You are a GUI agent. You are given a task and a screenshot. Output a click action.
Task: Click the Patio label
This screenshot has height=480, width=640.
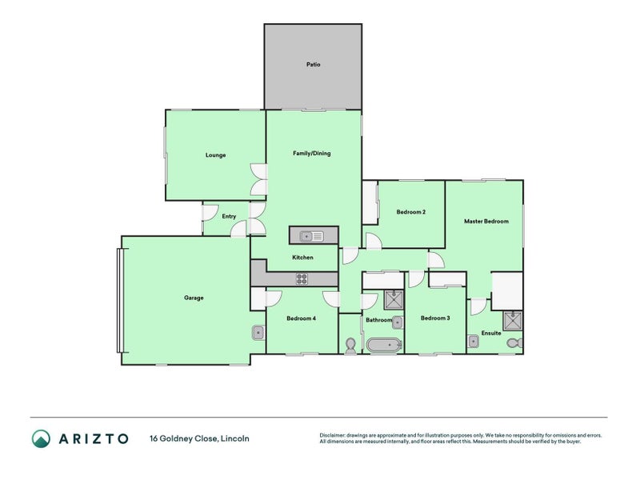(313, 64)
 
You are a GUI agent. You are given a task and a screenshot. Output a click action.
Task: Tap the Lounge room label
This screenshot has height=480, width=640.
(215, 155)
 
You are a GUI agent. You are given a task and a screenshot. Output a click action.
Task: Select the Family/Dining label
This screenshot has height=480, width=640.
(311, 154)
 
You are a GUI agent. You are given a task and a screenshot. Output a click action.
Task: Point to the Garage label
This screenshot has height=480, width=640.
(194, 298)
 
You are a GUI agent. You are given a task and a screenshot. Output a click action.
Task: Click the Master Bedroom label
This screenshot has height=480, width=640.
(486, 221)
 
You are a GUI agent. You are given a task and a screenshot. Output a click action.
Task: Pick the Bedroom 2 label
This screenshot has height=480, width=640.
(410, 212)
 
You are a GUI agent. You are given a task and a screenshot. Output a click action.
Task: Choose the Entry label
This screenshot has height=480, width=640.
(229, 216)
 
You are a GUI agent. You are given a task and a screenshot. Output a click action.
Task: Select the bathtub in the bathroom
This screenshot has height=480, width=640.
(384, 346)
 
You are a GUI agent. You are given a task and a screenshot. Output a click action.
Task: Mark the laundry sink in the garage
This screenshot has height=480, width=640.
(258, 332)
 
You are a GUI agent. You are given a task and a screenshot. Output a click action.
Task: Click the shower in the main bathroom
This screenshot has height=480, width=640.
(394, 300)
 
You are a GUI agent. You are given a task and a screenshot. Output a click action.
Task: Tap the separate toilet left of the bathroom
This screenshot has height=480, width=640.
(350, 345)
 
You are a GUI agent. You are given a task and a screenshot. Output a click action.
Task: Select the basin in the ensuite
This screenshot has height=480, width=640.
(474, 341)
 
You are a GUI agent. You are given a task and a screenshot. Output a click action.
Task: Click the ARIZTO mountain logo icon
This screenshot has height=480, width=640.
(41, 438)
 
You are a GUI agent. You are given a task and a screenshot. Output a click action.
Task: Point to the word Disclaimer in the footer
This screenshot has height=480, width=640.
(335, 435)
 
